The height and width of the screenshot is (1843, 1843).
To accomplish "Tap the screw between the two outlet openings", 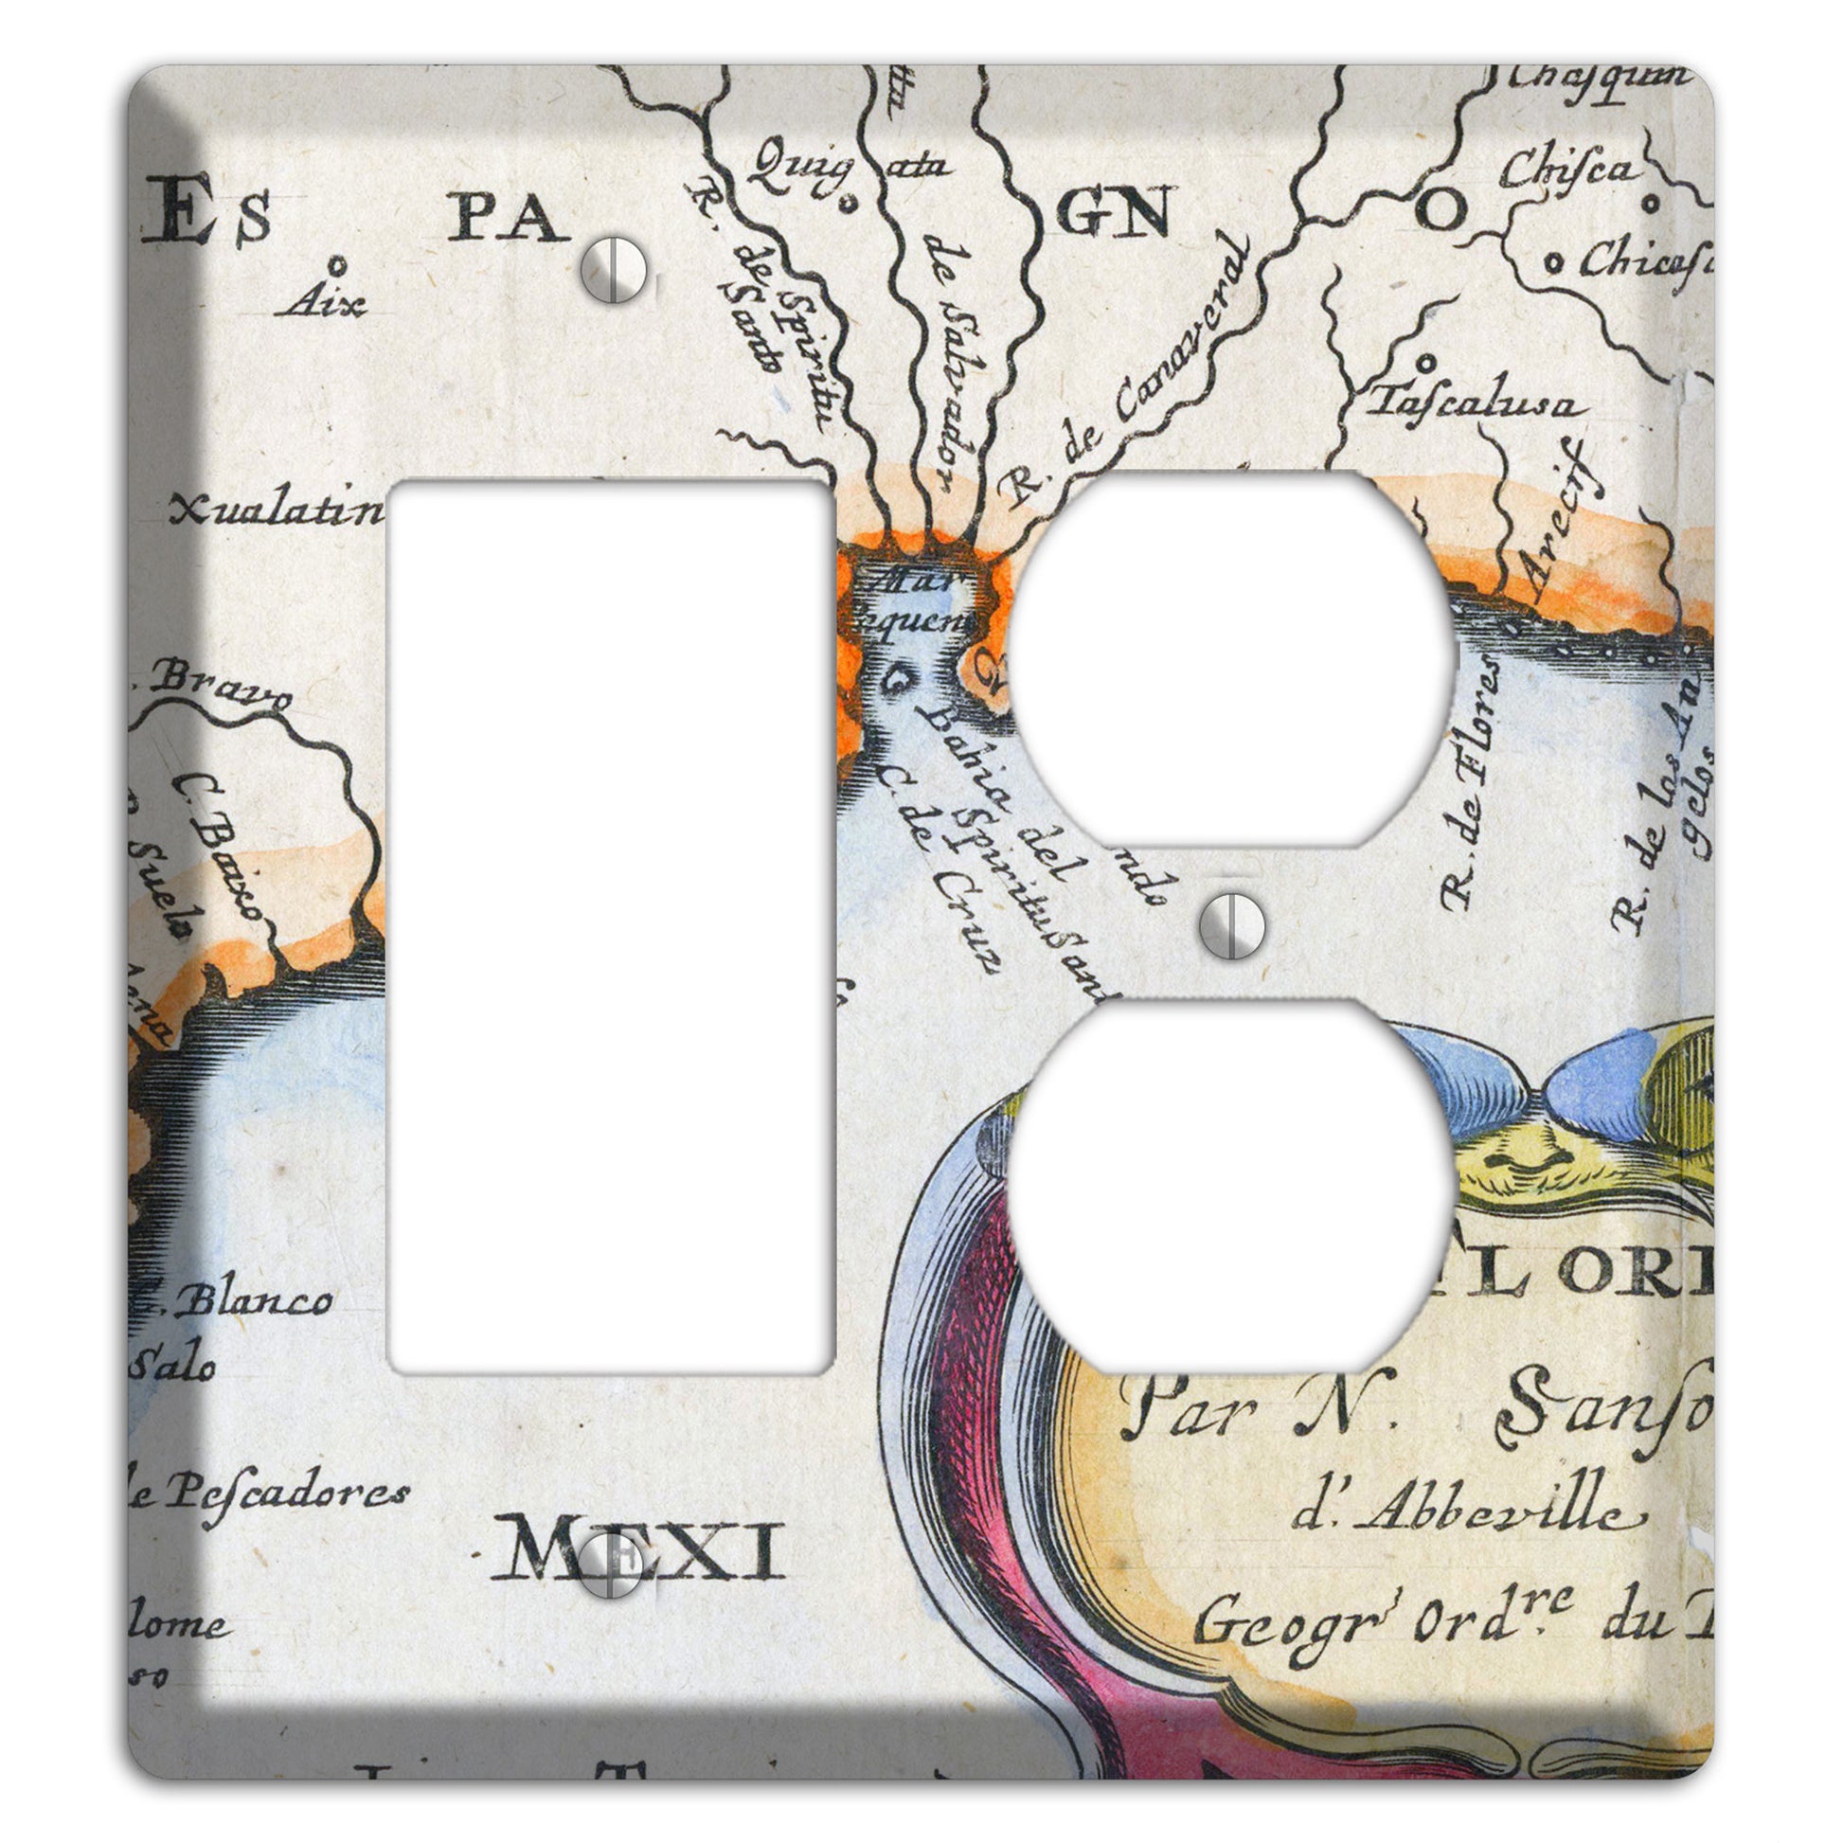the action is click(1232, 925).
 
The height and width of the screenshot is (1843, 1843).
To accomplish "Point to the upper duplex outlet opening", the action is click(1232, 658).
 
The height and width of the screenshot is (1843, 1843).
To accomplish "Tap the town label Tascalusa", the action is click(1474, 403).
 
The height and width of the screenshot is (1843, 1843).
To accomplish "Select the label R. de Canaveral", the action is click(1126, 372).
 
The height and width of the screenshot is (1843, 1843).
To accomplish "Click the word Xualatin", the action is click(277, 512).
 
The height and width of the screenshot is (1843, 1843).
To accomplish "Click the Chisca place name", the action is click(1569, 170).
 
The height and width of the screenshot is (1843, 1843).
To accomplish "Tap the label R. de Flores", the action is click(1471, 782).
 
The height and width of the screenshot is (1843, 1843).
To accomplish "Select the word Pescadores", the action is click(286, 1492).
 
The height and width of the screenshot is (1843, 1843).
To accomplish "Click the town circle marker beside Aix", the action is click(336, 263).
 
